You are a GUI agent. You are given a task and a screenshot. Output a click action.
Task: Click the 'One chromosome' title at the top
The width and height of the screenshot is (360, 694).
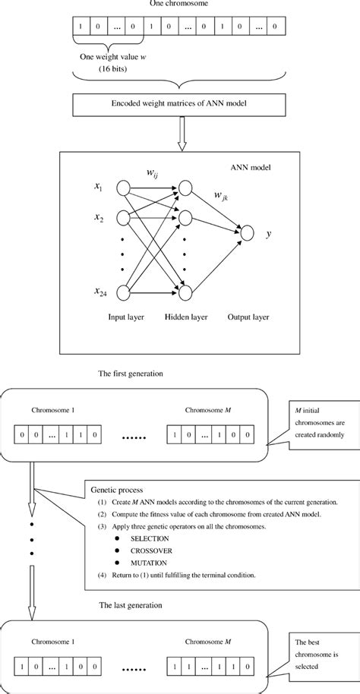[x=178, y=5]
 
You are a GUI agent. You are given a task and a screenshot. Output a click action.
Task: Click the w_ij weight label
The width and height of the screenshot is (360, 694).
[x=153, y=174]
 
